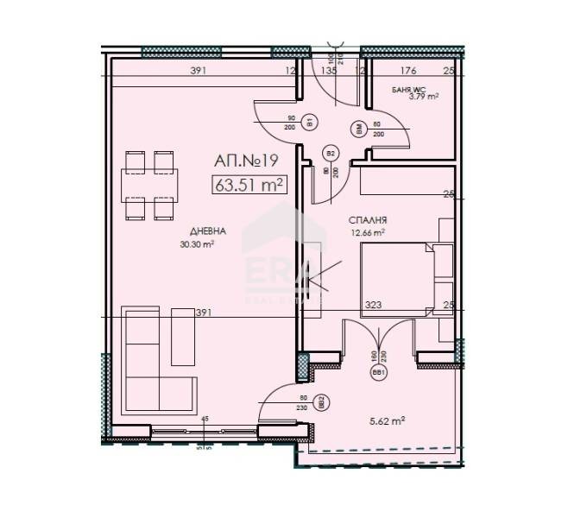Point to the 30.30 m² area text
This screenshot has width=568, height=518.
tap(197, 243)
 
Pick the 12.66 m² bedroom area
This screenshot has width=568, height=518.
tap(367, 231)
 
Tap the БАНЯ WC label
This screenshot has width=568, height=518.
tap(406, 89)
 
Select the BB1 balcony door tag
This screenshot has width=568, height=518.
tap(377, 373)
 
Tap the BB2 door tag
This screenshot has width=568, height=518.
tap(320, 401)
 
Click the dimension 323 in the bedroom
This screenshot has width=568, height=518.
tap(374, 305)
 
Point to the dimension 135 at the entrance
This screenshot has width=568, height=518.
tap(327, 72)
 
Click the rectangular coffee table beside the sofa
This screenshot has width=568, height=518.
tap(184, 335)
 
